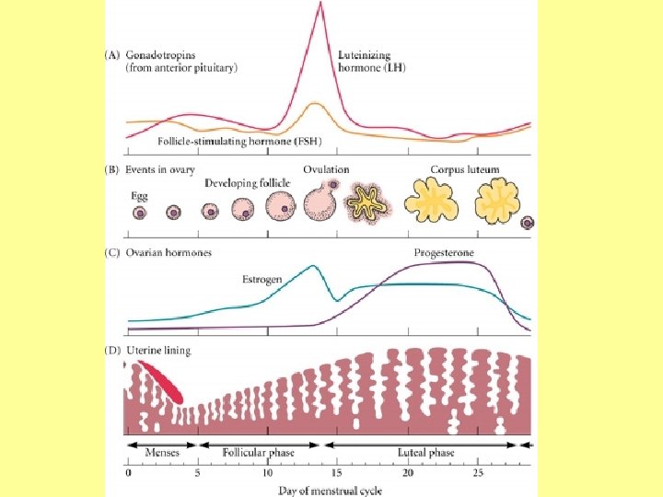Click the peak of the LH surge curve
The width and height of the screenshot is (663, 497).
click(320, 5)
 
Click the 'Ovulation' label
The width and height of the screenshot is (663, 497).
click(327, 169)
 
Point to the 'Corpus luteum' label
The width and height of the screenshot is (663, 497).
click(465, 169)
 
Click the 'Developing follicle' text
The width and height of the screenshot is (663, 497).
click(248, 183)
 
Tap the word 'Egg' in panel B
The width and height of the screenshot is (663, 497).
click(138, 196)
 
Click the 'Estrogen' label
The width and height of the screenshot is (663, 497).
click(262, 278)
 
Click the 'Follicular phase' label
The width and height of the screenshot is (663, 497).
click(259, 452)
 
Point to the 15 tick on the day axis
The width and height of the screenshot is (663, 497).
click(337, 473)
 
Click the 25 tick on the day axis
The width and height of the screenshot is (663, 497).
click(477, 473)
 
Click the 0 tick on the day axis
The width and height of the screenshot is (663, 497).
click(129, 473)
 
